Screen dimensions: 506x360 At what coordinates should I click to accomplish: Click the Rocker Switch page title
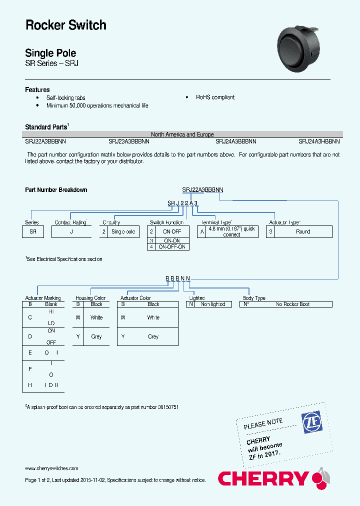pos(65,25)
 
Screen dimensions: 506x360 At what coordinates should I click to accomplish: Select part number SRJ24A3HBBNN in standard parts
pos(319,141)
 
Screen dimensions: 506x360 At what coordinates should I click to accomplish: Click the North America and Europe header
pos(182,134)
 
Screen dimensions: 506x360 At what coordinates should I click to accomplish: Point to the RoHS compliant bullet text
pos(215,97)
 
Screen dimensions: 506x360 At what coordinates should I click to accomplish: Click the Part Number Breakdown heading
pos(56,190)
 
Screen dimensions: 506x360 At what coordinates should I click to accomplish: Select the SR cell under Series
pos(33,232)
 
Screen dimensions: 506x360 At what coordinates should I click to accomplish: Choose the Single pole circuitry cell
pos(123,232)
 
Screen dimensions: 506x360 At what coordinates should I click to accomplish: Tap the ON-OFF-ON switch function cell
pos(172,247)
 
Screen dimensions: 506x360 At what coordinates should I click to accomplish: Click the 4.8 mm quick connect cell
pos(231,232)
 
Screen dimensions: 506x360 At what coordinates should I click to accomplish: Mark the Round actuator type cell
pos(303,232)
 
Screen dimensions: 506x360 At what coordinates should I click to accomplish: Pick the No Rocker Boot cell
pos(292,304)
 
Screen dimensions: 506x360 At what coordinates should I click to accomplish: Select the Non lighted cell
pos(213,304)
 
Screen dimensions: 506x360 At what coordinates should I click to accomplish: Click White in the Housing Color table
pos(96,317)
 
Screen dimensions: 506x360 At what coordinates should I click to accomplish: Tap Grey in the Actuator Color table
pos(153,336)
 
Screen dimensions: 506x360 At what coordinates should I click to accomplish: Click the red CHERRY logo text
pos(263,478)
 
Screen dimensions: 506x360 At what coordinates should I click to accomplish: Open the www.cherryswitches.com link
pos(51,468)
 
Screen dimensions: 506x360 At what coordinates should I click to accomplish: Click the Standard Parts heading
pos(45,127)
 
